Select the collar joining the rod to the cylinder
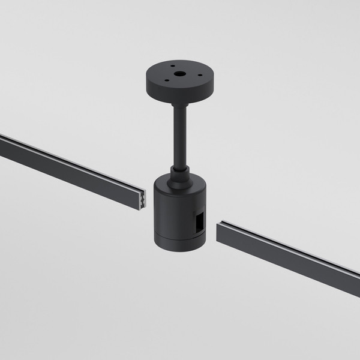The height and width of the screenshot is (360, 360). pyautogui.click(x=179, y=175)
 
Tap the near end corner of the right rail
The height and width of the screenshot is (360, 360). pyautogui.click(x=219, y=234)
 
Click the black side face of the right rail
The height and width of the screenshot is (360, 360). pyautogui.click(x=288, y=265)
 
